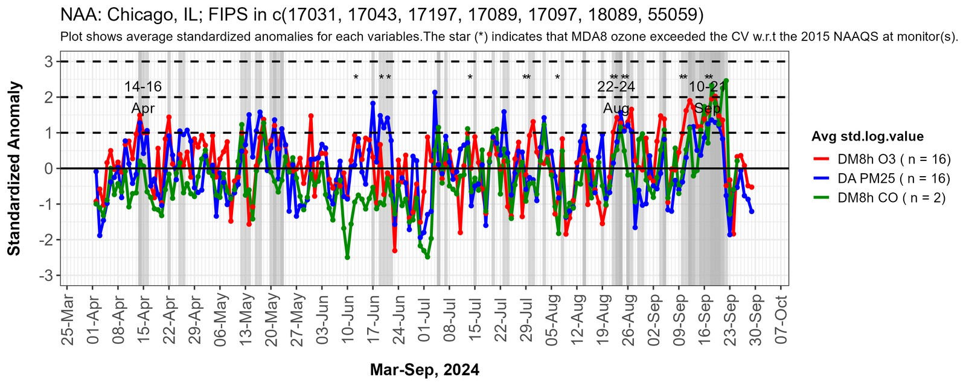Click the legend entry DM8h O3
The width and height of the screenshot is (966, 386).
894,159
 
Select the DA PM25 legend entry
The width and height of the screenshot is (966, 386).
894,179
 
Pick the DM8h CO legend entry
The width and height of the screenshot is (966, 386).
891,198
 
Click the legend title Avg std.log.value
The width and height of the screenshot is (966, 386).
868,137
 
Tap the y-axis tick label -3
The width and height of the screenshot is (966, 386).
45,276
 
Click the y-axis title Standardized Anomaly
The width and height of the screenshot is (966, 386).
14,168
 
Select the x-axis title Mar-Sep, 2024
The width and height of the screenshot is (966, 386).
424,370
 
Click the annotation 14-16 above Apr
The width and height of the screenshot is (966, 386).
143,87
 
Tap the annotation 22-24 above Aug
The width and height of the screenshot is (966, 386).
616,87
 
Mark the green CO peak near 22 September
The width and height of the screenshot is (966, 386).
726,80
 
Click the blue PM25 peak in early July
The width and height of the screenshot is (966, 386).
435,92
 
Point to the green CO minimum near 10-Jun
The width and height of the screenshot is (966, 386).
347,258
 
